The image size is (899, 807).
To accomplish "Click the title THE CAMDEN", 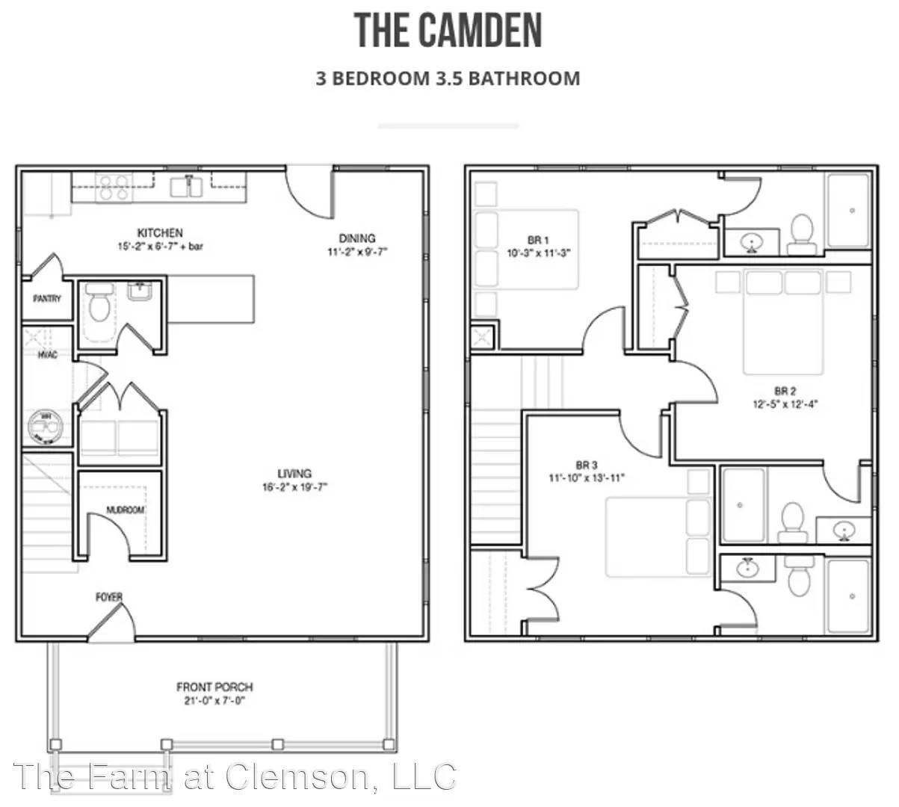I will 448,31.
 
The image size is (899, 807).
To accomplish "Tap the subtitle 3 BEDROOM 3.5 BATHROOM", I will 448,78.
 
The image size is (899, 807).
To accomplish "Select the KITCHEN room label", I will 160,233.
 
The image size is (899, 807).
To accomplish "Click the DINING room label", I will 356,238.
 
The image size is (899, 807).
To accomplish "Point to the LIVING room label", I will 294,474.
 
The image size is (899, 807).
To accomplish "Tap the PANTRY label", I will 47,299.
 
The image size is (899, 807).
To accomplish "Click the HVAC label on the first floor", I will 47,355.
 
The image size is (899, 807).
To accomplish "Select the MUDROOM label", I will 125,510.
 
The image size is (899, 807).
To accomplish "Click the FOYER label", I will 109,597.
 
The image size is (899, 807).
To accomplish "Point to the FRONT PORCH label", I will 214,687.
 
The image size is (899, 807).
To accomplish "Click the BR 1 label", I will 538,240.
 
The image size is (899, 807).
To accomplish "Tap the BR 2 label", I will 785,391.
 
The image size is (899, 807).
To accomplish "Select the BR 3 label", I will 587,465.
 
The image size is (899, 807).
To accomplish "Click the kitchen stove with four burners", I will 114,187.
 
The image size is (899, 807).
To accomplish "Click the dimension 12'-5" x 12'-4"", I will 785,404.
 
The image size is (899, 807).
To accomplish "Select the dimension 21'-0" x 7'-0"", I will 214,701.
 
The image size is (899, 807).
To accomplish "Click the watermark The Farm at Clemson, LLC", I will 235,777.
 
